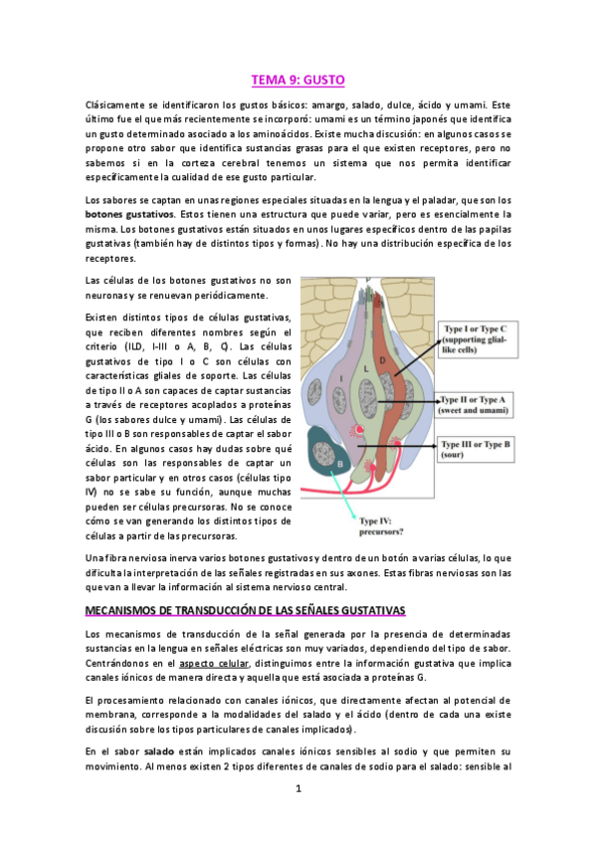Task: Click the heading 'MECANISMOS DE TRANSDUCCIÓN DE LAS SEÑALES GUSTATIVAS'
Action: coord(246,609)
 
